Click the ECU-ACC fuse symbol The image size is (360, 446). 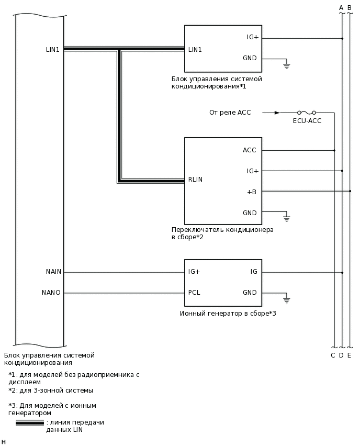click(306, 113)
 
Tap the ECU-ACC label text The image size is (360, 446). click(307, 121)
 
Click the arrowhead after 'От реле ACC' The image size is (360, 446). click(277, 113)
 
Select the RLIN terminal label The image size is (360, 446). click(195, 180)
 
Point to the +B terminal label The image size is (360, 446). click(252, 192)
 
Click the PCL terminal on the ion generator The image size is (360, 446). click(194, 293)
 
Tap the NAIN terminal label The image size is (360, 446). click(53, 272)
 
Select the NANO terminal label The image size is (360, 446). click(51, 293)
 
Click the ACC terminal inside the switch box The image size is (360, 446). click(250, 150)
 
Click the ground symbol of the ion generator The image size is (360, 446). click(286, 300)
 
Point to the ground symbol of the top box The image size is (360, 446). click(286, 65)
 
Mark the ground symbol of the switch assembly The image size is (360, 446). click(286, 218)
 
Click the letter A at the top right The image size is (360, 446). click(341, 7)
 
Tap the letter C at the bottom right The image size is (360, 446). click(333, 355)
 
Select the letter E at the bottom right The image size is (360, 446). click(349, 355)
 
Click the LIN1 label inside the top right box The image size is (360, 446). click(195, 50)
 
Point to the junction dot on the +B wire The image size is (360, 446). click(350, 191)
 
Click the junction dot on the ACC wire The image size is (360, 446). click(334, 150)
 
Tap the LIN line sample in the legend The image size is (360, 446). click(30, 423)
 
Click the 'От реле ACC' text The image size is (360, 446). click(230, 113)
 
